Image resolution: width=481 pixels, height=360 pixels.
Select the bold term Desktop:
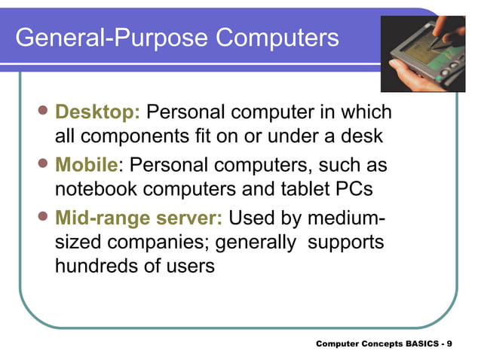pos(98,113)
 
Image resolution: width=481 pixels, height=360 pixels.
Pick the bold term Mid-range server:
pos(139,218)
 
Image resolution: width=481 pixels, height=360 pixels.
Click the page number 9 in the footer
pos(449,343)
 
